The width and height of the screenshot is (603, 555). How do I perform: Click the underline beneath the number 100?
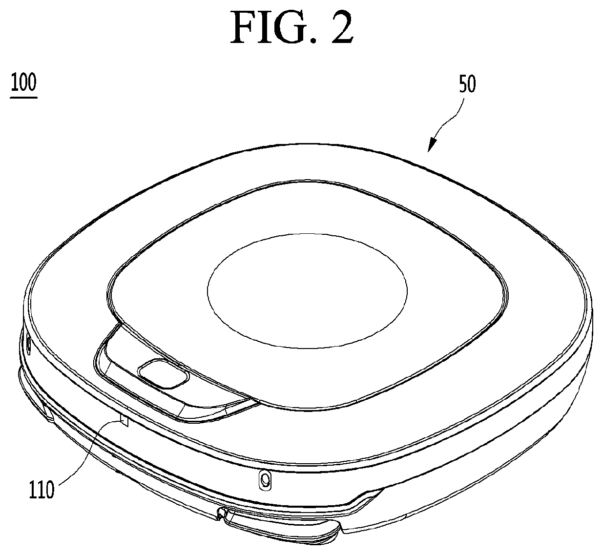23,98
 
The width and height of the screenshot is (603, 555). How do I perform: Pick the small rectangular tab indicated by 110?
124,420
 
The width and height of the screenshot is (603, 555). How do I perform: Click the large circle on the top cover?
307,291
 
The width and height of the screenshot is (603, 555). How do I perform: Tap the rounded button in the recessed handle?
163,373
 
